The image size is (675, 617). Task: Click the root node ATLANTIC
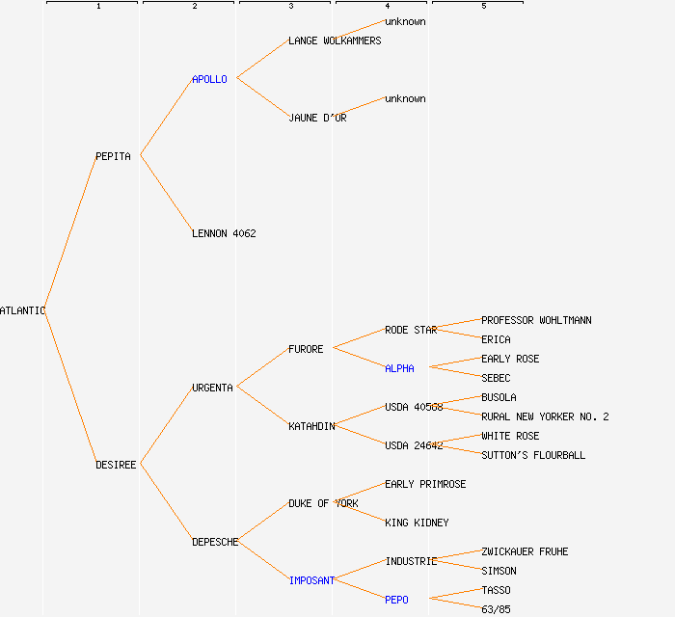point(22,310)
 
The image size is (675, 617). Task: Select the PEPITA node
point(113,156)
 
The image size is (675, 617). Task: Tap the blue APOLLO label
point(209,79)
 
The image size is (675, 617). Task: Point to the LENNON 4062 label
point(224,233)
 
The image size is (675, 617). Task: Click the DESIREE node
point(116,465)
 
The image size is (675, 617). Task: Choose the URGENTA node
point(212,388)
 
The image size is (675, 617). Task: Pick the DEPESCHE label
point(215,542)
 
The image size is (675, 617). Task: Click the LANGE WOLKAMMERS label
point(335,40)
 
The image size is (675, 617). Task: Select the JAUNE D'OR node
point(317,118)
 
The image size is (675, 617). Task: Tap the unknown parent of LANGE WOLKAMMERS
point(405,21)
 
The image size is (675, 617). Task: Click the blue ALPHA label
point(399,368)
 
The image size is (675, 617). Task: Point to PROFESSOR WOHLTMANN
point(536,320)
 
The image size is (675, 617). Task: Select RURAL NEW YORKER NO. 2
point(545,416)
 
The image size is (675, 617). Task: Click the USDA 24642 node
point(414,445)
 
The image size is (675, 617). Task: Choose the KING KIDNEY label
point(417,523)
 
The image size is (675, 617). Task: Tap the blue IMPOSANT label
point(311,580)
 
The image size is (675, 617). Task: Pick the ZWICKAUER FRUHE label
point(525,551)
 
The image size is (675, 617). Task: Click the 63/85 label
point(496,609)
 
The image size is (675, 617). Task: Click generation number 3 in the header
point(290,7)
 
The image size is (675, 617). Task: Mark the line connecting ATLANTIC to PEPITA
point(69,233)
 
